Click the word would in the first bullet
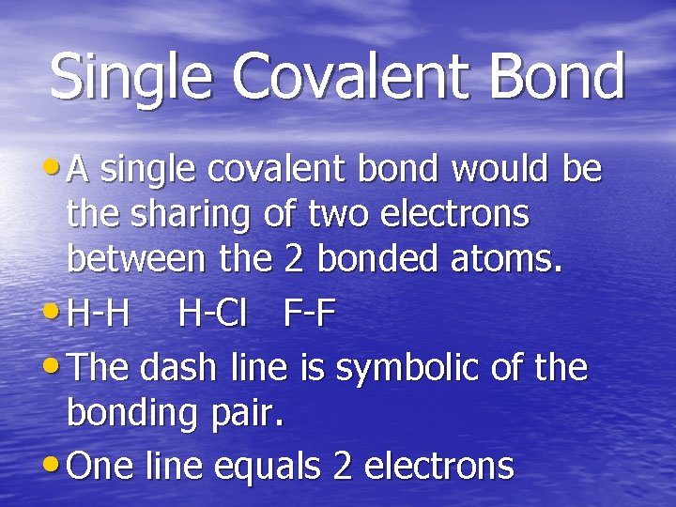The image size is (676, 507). [501, 170]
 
